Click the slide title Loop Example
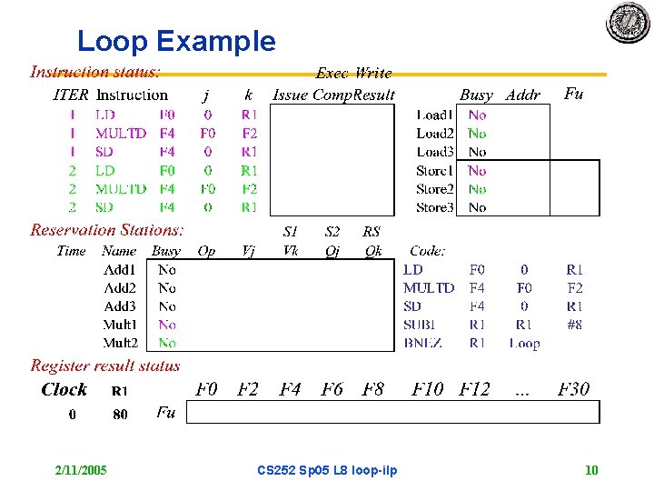click(x=176, y=41)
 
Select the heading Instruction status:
click(x=95, y=71)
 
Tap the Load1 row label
click(x=434, y=115)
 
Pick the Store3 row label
click(x=434, y=207)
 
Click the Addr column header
click(x=522, y=95)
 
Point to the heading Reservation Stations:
click(x=107, y=230)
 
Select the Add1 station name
click(x=120, y=269)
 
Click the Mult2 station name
click(x=120, y=343)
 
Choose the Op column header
click(x=206, y=251)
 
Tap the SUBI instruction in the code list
click(x=421, y=325)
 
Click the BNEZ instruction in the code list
click(x=422, y=343)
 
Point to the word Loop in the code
click(x=524, y=343)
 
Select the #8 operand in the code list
click(x=573, y=325)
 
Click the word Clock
click(x=64, y=389)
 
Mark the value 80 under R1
click(x=120, y=415)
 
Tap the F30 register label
click(x=573, y=389)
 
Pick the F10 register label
click(x=428, y=389)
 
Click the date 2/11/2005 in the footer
click(x=81, y=470)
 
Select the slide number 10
click(x=591, y=470)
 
